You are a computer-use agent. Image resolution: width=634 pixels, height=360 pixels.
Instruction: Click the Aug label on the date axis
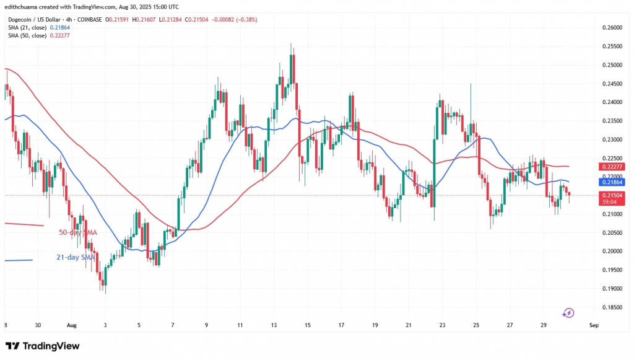coord(71,325)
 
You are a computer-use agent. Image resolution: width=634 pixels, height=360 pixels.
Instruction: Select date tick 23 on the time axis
coord(442,325)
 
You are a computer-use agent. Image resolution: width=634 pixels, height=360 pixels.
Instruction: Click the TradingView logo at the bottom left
coord(42,346)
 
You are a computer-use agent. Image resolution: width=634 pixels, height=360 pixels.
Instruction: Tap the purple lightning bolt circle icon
coord(568,312)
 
